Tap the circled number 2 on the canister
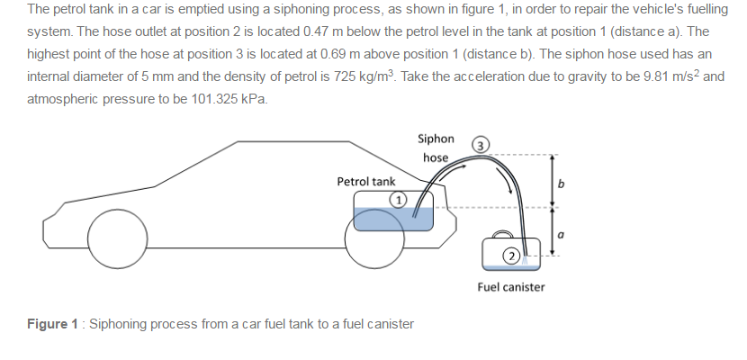[x=509, y=255]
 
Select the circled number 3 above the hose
[x=482, y=146]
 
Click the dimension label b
[x=562, y=184]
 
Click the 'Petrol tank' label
[x=365, y=182]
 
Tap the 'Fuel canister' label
[x=510, y=287]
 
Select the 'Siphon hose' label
[x=436, y=148]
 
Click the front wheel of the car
[x=117, y=236]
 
